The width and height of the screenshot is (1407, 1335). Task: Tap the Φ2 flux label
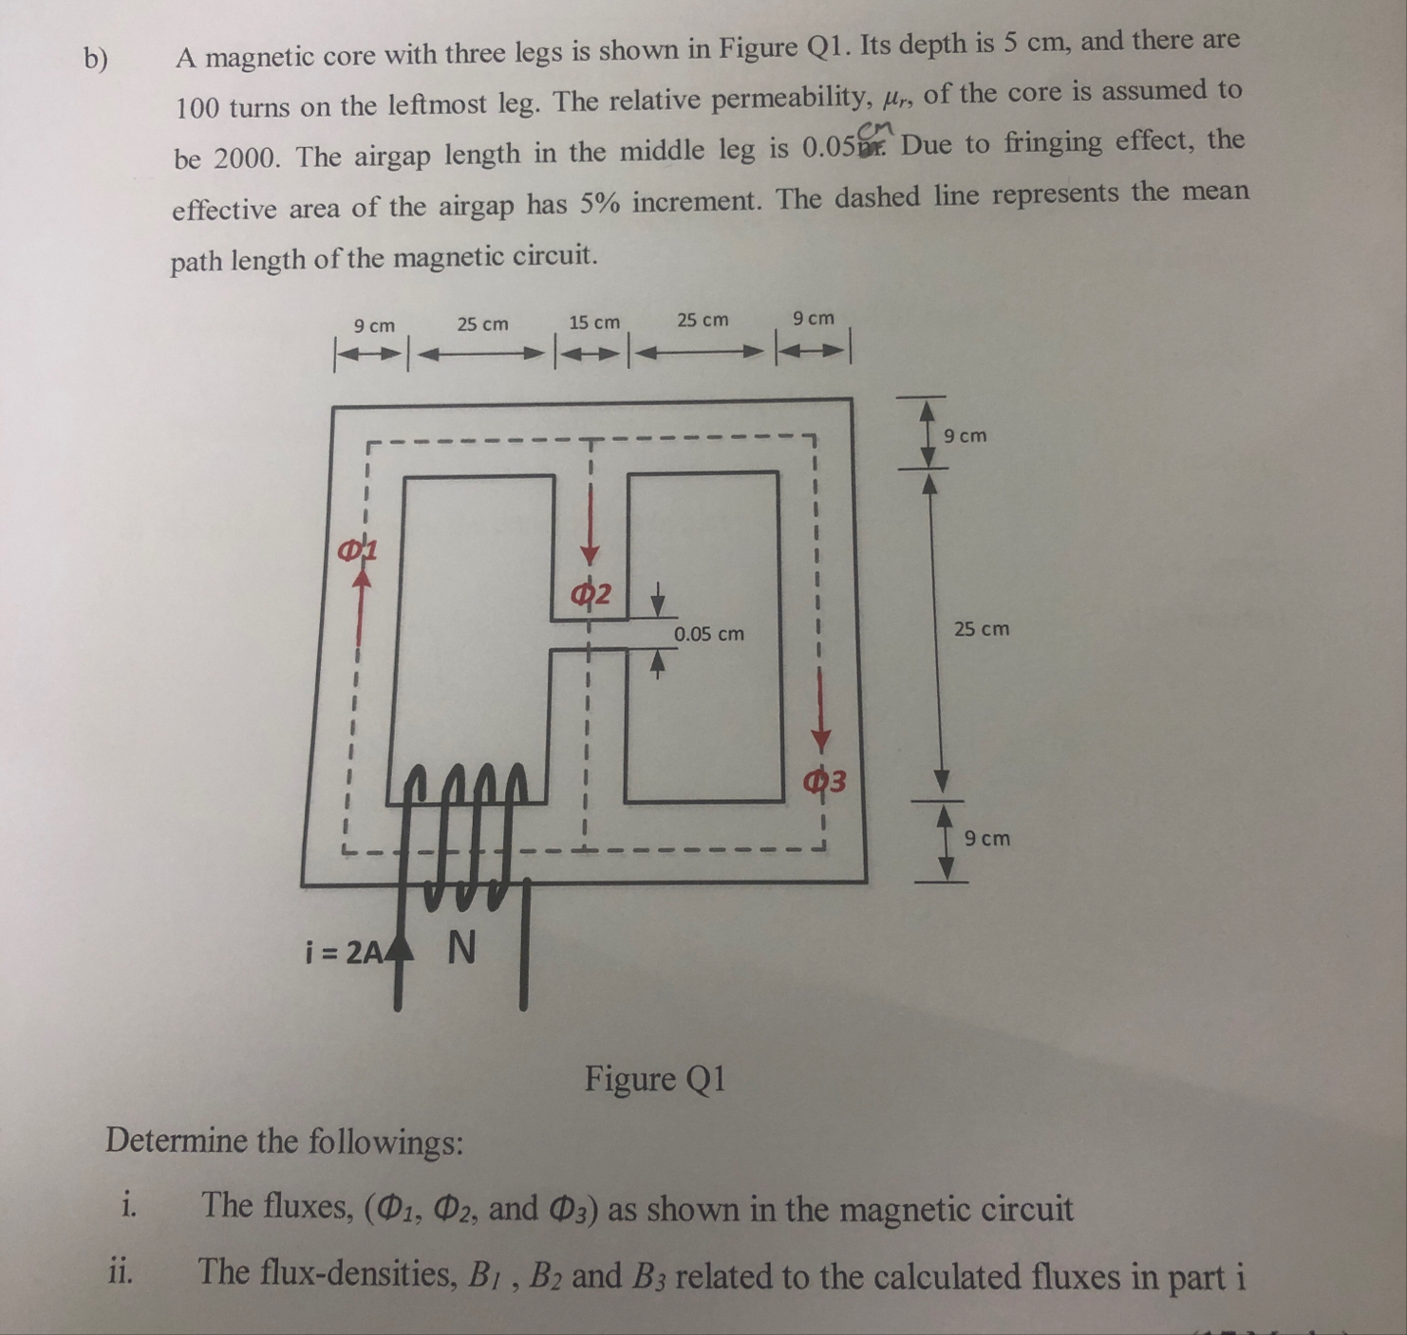pyautogui.click(x=591, y=595)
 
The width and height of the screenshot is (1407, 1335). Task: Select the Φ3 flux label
pyautogui.click(x=823, y=781)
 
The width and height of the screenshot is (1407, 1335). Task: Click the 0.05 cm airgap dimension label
pyautogui.click(x=708, y=633)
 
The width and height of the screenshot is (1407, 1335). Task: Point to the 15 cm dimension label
pyautogui.click(x=594, y=323)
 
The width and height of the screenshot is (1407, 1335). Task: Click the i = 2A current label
pyautogui.click(x=344, y=951)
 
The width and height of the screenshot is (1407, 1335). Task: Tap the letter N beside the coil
pyautogui.click(x=460, y=947)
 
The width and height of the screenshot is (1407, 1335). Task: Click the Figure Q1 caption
pyautogui.click(x=655, y=1079)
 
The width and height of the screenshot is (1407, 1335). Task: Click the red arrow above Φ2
pyautogui.click(x=591, y=531)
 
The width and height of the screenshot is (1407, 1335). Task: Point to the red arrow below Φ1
pyautogui.click(x=359, y=607)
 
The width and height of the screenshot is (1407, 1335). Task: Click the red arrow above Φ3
pyautogui.click(x=822, y=721)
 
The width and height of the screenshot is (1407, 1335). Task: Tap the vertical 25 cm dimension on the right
pyautogui.click(x=982, y=628)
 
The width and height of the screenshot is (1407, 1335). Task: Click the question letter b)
pyautogui.click(x=96, y=59)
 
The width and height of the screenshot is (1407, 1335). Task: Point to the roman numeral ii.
pyautogui.click(x=120, y=1271)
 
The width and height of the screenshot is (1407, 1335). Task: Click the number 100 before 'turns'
pyautogui.click(x=197, y=108)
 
